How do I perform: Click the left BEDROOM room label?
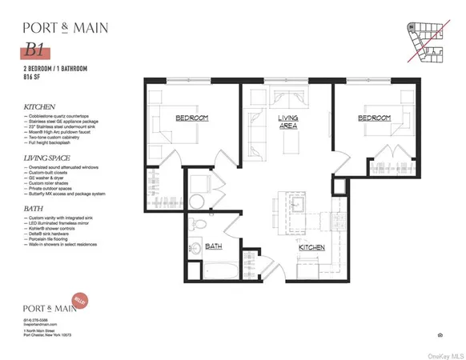tap(192, 118)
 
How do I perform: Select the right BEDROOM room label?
tap(375, 118)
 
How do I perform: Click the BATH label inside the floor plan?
tap(214, 246)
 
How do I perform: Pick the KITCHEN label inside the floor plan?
tap(311, 248)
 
